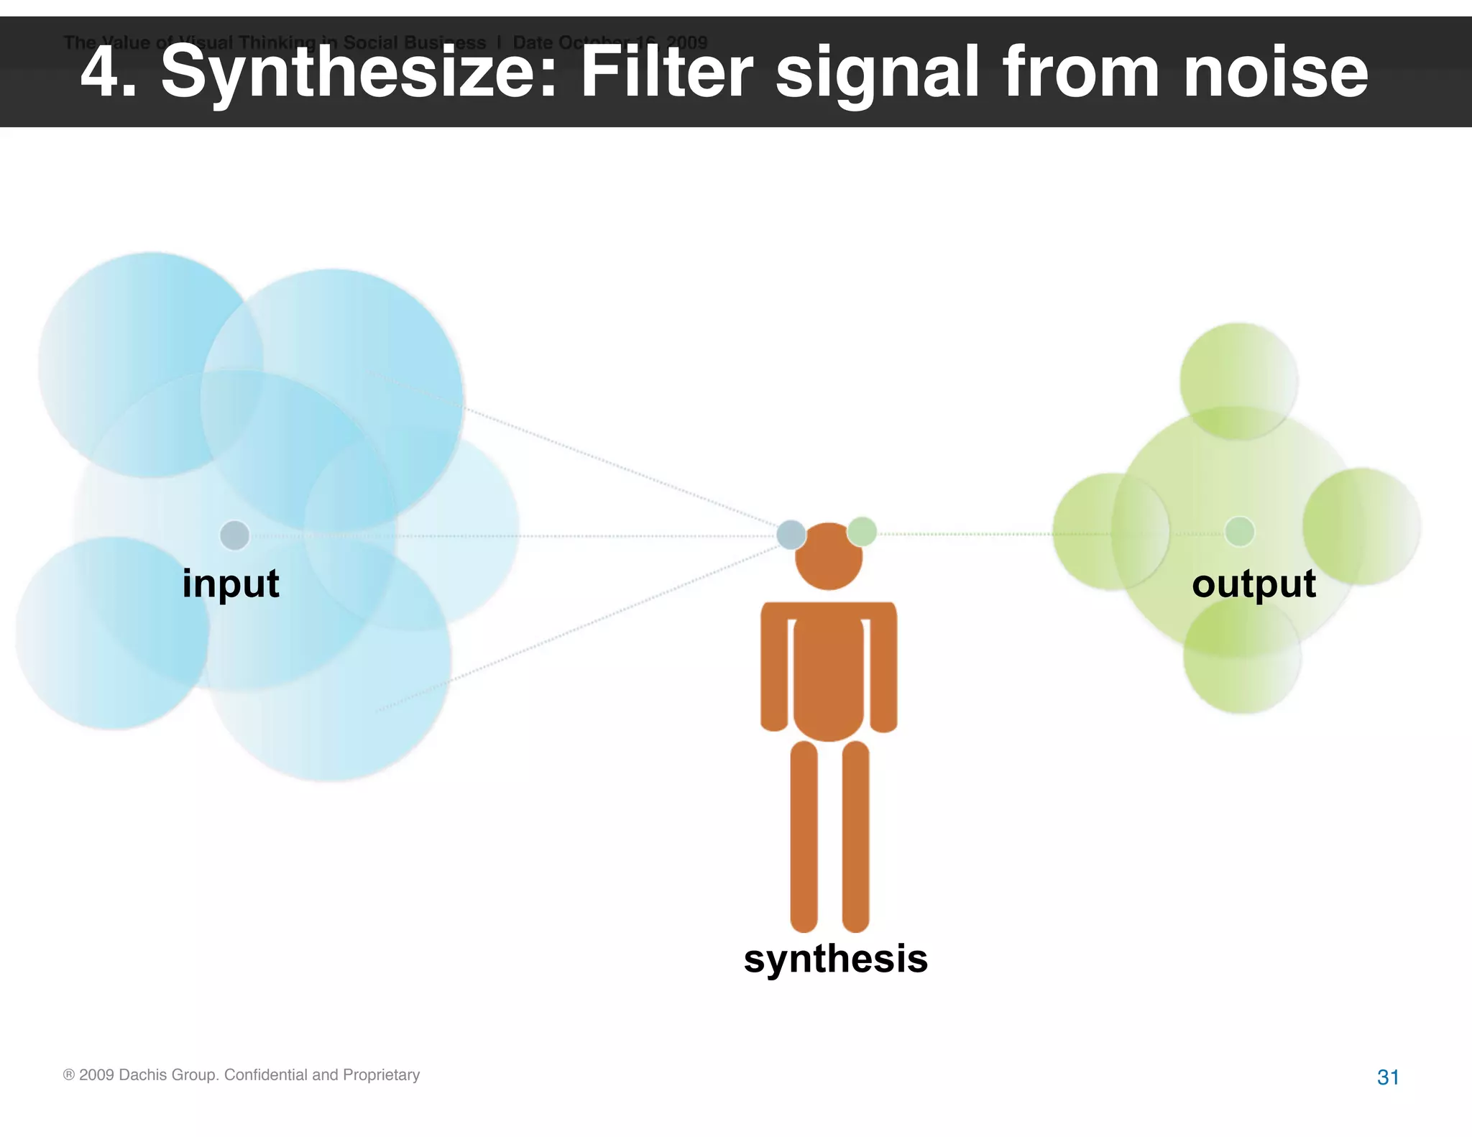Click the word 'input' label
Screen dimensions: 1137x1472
(x=230, y=584)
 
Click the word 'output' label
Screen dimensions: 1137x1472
(x=1253, y=584)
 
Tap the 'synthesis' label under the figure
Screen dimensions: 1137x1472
(x=835, y=959)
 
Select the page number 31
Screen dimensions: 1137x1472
(x=1388, y=1077)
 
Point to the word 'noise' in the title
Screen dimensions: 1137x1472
(x=1275, y=72)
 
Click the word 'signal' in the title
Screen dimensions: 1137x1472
(x=878, y=72)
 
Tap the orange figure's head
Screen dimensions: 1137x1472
(x=829, y=557)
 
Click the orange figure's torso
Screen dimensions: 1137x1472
(x=829, y=676)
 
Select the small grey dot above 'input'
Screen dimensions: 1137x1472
(x=234, y=535)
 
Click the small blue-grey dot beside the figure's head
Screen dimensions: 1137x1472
(x=791, y=535)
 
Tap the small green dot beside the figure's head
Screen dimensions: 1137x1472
(x=862, y=531)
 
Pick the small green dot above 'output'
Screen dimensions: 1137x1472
(x=1239, y=532)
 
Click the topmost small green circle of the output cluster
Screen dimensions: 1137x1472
(x=1238, y=381)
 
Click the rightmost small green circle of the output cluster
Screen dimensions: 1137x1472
(x=1361, y=526)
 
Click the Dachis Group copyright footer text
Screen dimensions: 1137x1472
(x=241, y=1075)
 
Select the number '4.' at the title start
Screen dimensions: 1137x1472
(x=108, y=72)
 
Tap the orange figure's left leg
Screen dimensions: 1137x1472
(x=804, y=837)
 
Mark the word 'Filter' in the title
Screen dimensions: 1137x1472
(x=666, y=72)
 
